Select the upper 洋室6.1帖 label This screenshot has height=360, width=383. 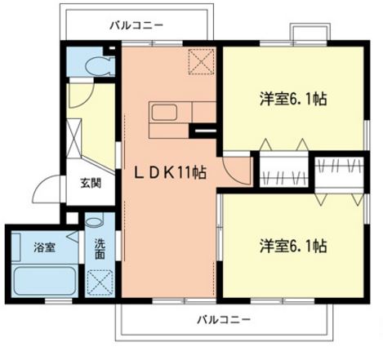(x=295, y=99)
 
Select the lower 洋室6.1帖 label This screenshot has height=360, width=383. (x=295, y=245)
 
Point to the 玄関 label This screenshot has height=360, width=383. (x=90, y=183)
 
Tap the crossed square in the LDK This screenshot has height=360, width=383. (x=201, y=61)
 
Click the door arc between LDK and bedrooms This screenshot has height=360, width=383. (x=235, y=169)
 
